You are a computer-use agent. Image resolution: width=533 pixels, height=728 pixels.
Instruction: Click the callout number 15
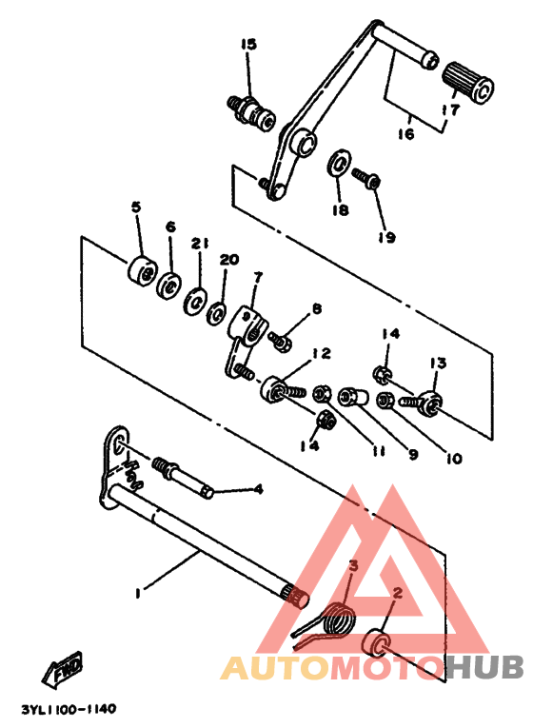pyautogui.click(x=248, y=45)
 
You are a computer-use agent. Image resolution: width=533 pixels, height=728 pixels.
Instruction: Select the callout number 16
pyautogui.click(x=405, y=134)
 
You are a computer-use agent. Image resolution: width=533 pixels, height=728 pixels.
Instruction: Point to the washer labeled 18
pyautogui.click(x=340, y=163)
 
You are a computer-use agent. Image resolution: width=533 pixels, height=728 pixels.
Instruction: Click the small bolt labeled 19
pyautogui.click(x=368, y=178)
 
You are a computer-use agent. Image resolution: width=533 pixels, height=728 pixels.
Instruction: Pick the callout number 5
pyautogui.click(x=136, y=207)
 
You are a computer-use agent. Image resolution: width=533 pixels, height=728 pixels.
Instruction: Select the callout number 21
pyautogui.click(x=198, y=243)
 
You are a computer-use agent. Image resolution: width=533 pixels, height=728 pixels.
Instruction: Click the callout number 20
pyautogui.click(x=228, y=260)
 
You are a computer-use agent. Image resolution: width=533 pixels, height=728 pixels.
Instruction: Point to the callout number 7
pyautogui.click(x=256, y=277)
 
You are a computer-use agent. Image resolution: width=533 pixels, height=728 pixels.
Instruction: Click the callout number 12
pyautogui.click(x=321, y=353)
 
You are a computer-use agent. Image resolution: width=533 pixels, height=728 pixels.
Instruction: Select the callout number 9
pyautogui.click(x=413, y=455)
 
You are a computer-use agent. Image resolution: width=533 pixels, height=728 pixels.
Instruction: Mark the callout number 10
pyautogui.click(x=452, y=458)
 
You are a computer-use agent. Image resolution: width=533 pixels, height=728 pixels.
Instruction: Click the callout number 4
pyautogui.click(x=257, y=490)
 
